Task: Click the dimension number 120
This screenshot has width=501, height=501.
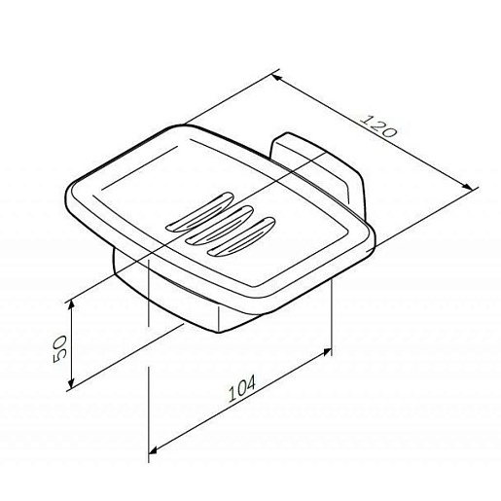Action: coord(378,125)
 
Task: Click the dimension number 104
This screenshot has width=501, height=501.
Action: coord(242,388)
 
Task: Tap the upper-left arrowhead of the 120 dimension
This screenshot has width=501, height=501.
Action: coord(276,78)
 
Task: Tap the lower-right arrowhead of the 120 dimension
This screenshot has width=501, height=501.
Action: coord(468,187)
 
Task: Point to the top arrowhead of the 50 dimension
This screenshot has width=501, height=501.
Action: coord(72,305)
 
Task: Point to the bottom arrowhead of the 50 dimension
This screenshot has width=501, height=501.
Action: coord(72,382)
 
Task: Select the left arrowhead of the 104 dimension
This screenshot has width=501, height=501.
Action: coord(154,450)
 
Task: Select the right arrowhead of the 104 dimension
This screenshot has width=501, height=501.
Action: coord(327,352)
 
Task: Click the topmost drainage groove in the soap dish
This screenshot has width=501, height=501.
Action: coord(199,212)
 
